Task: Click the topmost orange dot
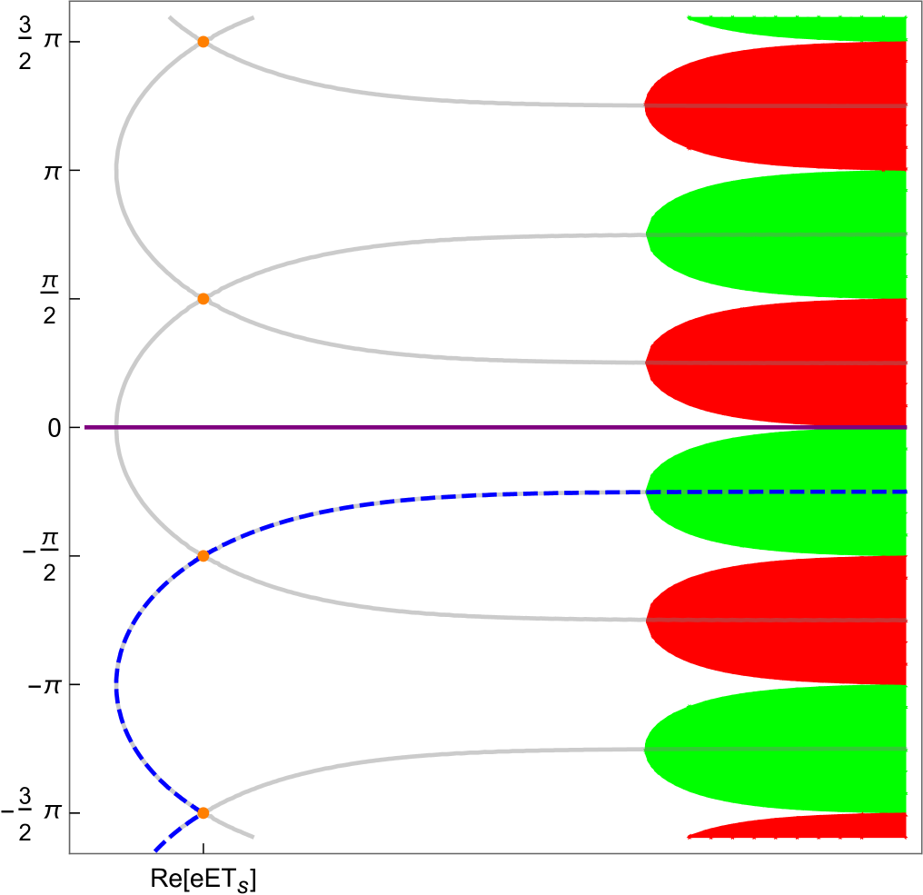203,42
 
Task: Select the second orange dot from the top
203,299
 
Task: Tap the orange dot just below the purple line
203,556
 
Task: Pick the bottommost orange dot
203,813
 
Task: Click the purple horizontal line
454,427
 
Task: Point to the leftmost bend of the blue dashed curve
116,683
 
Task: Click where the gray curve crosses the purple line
116,427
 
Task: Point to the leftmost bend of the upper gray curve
116,170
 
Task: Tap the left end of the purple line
86,427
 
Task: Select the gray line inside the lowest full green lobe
772,750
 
